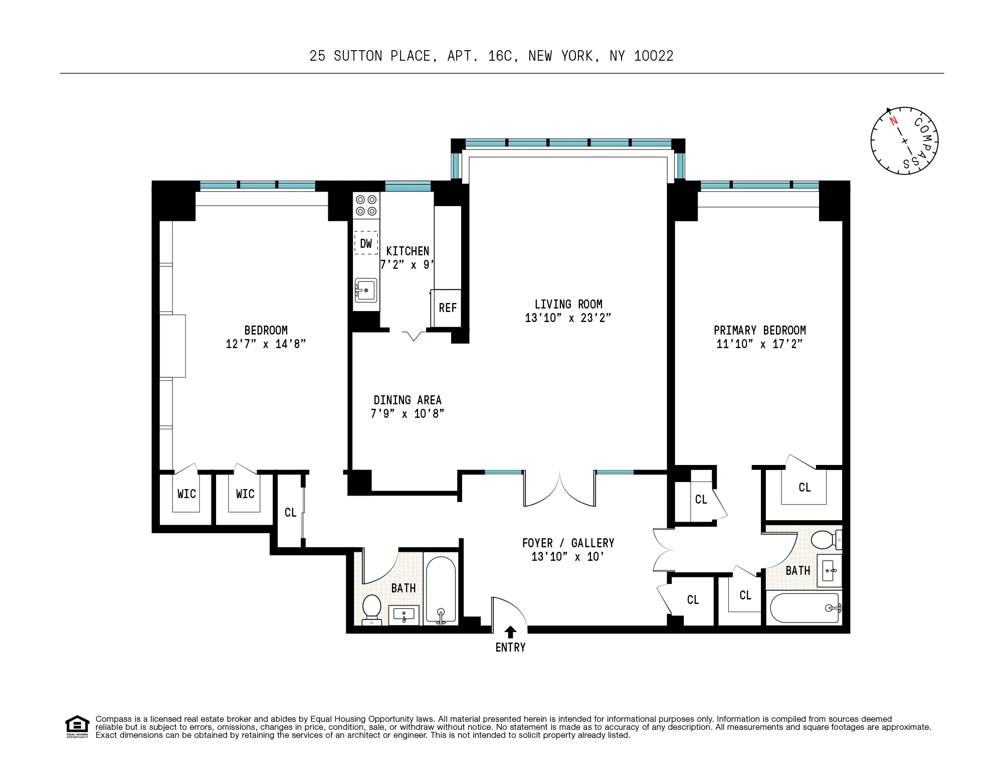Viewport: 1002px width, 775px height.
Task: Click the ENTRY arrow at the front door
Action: coord(510,632)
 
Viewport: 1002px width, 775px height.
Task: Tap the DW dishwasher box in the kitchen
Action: coord(366,243)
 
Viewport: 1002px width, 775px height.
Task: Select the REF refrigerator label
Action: coord(448,308)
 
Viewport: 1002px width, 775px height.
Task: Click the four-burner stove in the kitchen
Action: coord(366,206)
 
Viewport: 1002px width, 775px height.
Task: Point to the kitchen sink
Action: coord(366,290)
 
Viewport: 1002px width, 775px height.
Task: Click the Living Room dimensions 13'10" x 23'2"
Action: coord(568,318)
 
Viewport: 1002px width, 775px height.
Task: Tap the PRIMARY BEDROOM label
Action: coord(759,330)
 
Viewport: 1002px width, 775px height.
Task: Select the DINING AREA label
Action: coord(407,400)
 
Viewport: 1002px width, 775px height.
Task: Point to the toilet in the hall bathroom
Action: coord(371,608)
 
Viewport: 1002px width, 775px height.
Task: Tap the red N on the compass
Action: coord(893,121)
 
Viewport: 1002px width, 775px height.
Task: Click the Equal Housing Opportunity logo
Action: coord(77,726)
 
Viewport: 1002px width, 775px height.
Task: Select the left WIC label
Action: coord(186,494)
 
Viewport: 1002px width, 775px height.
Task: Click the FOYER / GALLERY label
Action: coord(568,543)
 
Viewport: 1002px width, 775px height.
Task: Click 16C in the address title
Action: coord(500,56)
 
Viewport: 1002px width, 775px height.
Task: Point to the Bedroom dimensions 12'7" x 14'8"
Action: coord(266,344)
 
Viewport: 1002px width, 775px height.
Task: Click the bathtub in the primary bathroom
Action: coord(804,608)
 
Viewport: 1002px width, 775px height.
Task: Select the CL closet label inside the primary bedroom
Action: coord(804,488)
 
